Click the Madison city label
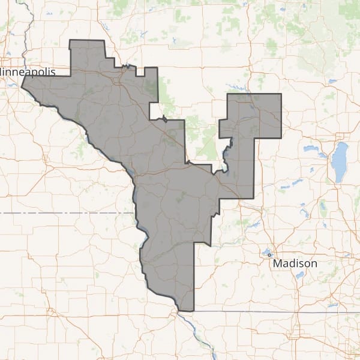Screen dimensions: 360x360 (295, 263)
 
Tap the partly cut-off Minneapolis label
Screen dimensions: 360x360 (28, 71)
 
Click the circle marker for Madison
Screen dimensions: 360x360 (269, 254)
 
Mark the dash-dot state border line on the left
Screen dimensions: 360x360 (60, 212)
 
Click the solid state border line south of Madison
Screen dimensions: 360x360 (270, 312)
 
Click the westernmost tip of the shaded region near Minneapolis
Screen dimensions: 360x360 (22, 86)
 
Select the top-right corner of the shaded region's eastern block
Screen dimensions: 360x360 (281, 94)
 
